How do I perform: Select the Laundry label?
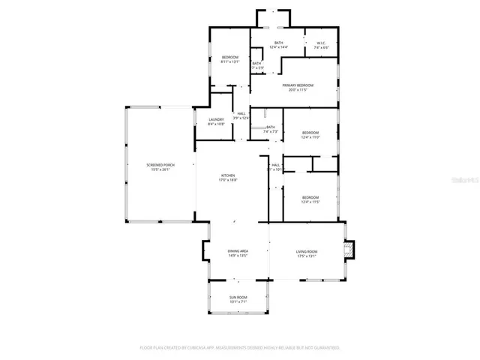click(217, 119)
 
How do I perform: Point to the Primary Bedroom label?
click(298, 85)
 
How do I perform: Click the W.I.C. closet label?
click(321, 43)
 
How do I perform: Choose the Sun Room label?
click(238, 298)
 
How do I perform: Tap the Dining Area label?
click(238, 251)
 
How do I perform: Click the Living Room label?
click(307, 251)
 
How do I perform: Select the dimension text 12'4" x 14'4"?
click(278, 48)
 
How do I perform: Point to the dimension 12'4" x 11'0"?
click(310, 137)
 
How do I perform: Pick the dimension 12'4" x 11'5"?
click(310, 202)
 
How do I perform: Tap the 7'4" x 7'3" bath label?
click(270, 132)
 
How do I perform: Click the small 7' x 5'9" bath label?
click(256, 68)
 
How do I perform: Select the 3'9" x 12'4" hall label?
click(241, 118)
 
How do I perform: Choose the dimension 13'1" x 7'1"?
click(238, 302)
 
